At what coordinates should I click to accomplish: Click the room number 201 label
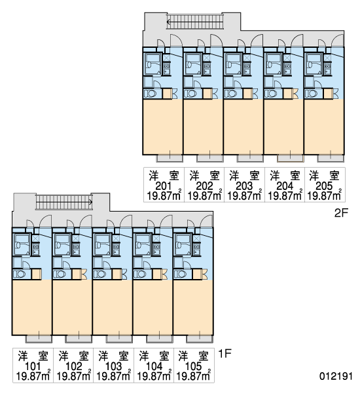click(x=164, y=186)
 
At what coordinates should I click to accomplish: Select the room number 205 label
click(x=324, y=186)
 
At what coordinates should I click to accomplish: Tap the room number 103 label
click(x=113, y=366)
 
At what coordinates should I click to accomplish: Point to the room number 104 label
click(x=154, y=366)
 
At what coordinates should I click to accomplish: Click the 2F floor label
click(x=341, y=213)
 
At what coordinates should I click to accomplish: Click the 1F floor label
click(x=225, y=354)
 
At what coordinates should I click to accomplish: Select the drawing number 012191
click(x=336, y=376)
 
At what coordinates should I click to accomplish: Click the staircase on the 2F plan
click(x=195, y=22)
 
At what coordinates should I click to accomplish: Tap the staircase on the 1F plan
click(x=64, y=202)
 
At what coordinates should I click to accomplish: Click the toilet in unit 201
click(x=151, y=94)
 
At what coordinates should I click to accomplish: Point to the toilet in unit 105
click(x=181, y=274)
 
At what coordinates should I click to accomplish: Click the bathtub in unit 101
click(x=22, y=244)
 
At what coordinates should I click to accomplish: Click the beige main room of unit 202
click(x=203, y=126)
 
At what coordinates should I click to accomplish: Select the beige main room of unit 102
click(x=72, y=307)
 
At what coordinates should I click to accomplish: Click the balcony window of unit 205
click(x=331, y=159)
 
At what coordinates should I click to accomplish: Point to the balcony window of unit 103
click(x=119, y=339)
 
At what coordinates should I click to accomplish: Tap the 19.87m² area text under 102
click(x=74, y=377)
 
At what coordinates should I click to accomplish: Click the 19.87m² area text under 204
click(x=285, y=196)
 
